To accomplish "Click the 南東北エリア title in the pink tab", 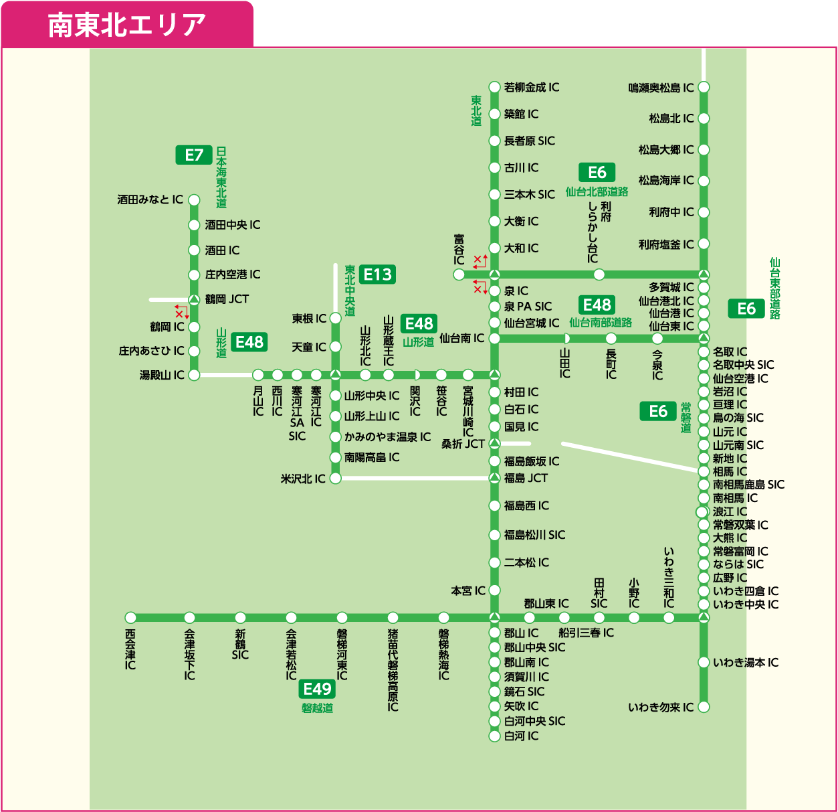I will (x=126, y=25).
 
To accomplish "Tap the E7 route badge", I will (x=194, y=155).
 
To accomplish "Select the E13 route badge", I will (x=378, y=274).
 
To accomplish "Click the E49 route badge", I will (x=317, y=689).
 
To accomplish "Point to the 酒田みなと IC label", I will (x=150, y=199).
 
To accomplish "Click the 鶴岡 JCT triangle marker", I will (x=194, y=299).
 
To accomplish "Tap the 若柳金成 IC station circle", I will (x=494, y=87).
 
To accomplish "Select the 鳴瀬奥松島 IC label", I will (x=661, y=88).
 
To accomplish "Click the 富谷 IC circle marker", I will (x=459, y=274).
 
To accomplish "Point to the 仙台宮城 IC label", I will (x=532, y=323).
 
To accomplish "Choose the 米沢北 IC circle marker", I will (x=336, y=478).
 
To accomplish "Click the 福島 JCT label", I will (x=526, y=478).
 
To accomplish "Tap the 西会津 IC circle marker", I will (x=130, y=617).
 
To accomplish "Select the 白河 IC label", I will (x=521, y=736).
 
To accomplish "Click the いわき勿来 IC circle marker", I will (x=704, y=707).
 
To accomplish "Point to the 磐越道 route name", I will (x=317, y=708).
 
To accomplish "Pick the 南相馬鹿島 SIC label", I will (x=748, y=485).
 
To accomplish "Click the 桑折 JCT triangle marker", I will (x=494, y=443).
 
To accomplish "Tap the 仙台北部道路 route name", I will (x=597, y=191).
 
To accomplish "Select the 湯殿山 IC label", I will (x=161, y=375).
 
